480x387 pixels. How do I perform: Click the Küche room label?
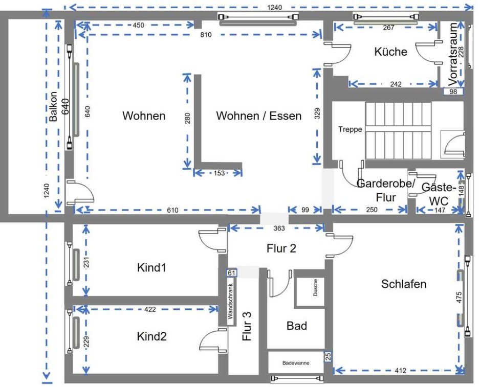[x=390, y=52]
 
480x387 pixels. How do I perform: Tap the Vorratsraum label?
[x=452, y=54]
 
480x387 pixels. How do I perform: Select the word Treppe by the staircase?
[x=350, y=129]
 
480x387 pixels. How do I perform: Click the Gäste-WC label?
[x=439, y=194]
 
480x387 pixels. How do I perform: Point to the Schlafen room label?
[x=403, y=284]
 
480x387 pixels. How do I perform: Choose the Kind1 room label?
[x=151, y=268]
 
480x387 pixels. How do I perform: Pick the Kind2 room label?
[x=151, y=336]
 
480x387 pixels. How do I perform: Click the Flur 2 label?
[x=281, y=248]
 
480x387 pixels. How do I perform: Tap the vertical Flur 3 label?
[x=247, y=326]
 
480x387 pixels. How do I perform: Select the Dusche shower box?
[x=310, y=289]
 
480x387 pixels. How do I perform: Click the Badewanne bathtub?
[x=296, y=362]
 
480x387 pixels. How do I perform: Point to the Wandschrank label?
[x=230, y=302]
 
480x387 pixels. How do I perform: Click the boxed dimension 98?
[x=453, y=92]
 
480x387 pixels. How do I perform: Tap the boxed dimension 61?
[x=231, y=272]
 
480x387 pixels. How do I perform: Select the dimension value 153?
[x=219, y=173]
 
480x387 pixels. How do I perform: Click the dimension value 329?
[x=317, y=113]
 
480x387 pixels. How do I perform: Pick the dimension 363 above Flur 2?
[x=279, y=228]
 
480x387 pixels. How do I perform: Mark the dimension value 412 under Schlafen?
[x=400, y=371]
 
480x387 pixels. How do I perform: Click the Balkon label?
[x=53, y=106]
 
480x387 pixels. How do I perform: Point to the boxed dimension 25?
[x=328, y=356]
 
